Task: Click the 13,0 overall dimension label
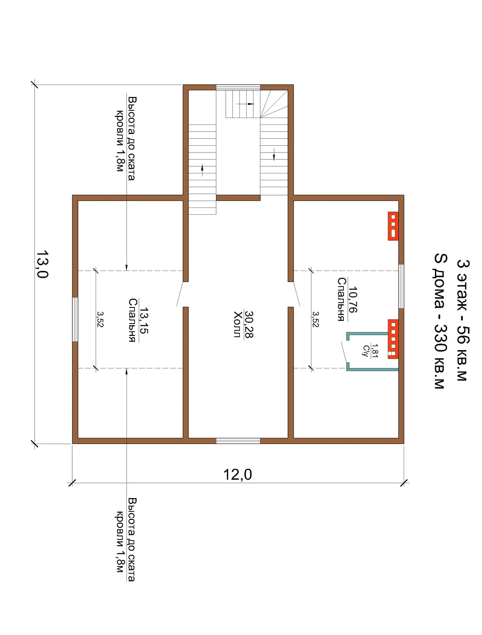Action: [x=42, y=264]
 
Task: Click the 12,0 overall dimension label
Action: [x=237, y=474]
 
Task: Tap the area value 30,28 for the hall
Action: [x=249, y=324]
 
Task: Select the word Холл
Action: [x=237, y=324]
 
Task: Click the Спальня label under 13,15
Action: [x=132, y=320]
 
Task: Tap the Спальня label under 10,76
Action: [x=341, y=299]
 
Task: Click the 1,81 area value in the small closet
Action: [x=375, y=351]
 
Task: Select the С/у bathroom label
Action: [x=366, y=351]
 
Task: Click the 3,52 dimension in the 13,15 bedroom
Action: [x=100, y=319]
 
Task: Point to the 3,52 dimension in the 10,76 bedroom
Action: [x=316, y=319]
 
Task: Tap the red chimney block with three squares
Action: [x=393, y=226]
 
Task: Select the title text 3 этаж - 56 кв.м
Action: [x=463, y=320]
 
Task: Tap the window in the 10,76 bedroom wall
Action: [x=401, y=286]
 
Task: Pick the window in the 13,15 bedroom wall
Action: [x=75, y=320]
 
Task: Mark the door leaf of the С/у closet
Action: [x=344, y=352]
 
